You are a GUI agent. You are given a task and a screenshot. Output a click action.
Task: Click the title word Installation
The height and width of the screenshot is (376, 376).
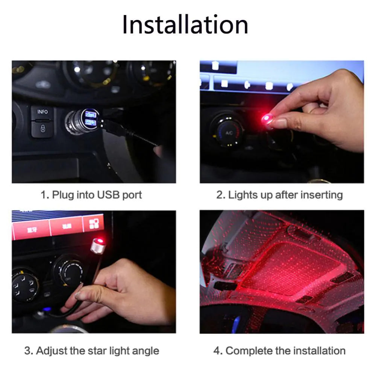click(185, 25)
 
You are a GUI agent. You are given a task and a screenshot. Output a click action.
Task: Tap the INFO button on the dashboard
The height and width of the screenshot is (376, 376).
click(42, 112)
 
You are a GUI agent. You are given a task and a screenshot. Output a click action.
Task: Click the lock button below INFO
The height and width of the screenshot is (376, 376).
click(42, 129)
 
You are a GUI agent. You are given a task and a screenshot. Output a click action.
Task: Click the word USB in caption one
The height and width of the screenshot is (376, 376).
click(109, 195)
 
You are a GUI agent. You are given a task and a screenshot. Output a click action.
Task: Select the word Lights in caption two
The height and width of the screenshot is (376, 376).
click(241, 195)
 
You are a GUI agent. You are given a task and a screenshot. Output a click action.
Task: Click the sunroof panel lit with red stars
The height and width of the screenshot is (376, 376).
click(286, 267)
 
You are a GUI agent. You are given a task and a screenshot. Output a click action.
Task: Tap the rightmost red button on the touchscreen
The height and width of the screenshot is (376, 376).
click(96, 223)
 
